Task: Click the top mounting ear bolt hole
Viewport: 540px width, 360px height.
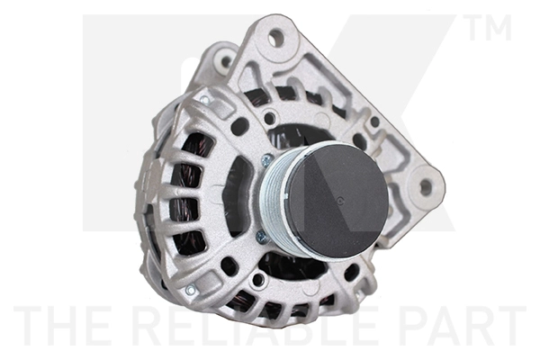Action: tap(275, 37)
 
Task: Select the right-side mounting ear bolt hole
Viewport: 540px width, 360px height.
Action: tap(425, 187)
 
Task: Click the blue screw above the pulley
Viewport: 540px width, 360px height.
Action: tap(267, 159)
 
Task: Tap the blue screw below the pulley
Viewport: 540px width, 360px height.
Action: tap(262, 237)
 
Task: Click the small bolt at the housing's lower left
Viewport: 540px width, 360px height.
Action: tap(190, 290)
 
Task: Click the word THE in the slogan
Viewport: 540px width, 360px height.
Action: tap(56, 326)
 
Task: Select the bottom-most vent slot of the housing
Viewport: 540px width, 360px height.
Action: tap(270, 310)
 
